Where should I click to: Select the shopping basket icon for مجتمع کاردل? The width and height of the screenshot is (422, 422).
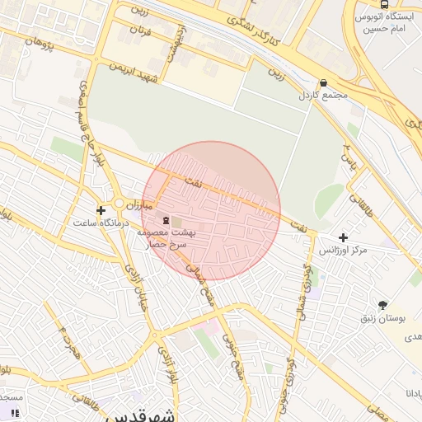click(x=322, y=83)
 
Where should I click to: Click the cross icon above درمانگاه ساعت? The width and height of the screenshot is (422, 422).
click(x=101, y=210)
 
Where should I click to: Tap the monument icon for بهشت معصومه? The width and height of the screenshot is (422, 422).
click(x=167, y=220)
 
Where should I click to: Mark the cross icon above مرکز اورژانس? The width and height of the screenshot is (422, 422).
click(x=343, y=237)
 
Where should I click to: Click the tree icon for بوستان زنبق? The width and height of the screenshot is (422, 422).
click(x=382, y=304)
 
